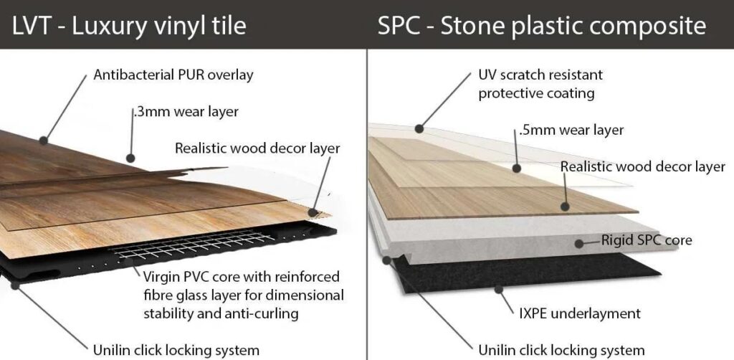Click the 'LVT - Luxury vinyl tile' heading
coord(129,25)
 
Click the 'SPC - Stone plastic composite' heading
coord(542,25)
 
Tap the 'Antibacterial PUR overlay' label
coord(173,75)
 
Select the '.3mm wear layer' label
coord(186,113)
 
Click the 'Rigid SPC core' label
coord(647,241)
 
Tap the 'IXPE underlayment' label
coord(579,313)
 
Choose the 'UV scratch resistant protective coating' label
coord(540,85)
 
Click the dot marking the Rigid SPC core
coord(579,243)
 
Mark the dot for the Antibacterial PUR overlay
coord(44,141)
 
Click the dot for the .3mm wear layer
coord(130,158)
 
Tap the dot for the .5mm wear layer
coord(516,168)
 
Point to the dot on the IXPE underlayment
coord(499,289)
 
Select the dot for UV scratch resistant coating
coord(419,129)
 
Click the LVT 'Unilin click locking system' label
coord(176,350)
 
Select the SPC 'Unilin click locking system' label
coord(561,350)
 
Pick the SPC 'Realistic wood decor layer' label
coord(643,166)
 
